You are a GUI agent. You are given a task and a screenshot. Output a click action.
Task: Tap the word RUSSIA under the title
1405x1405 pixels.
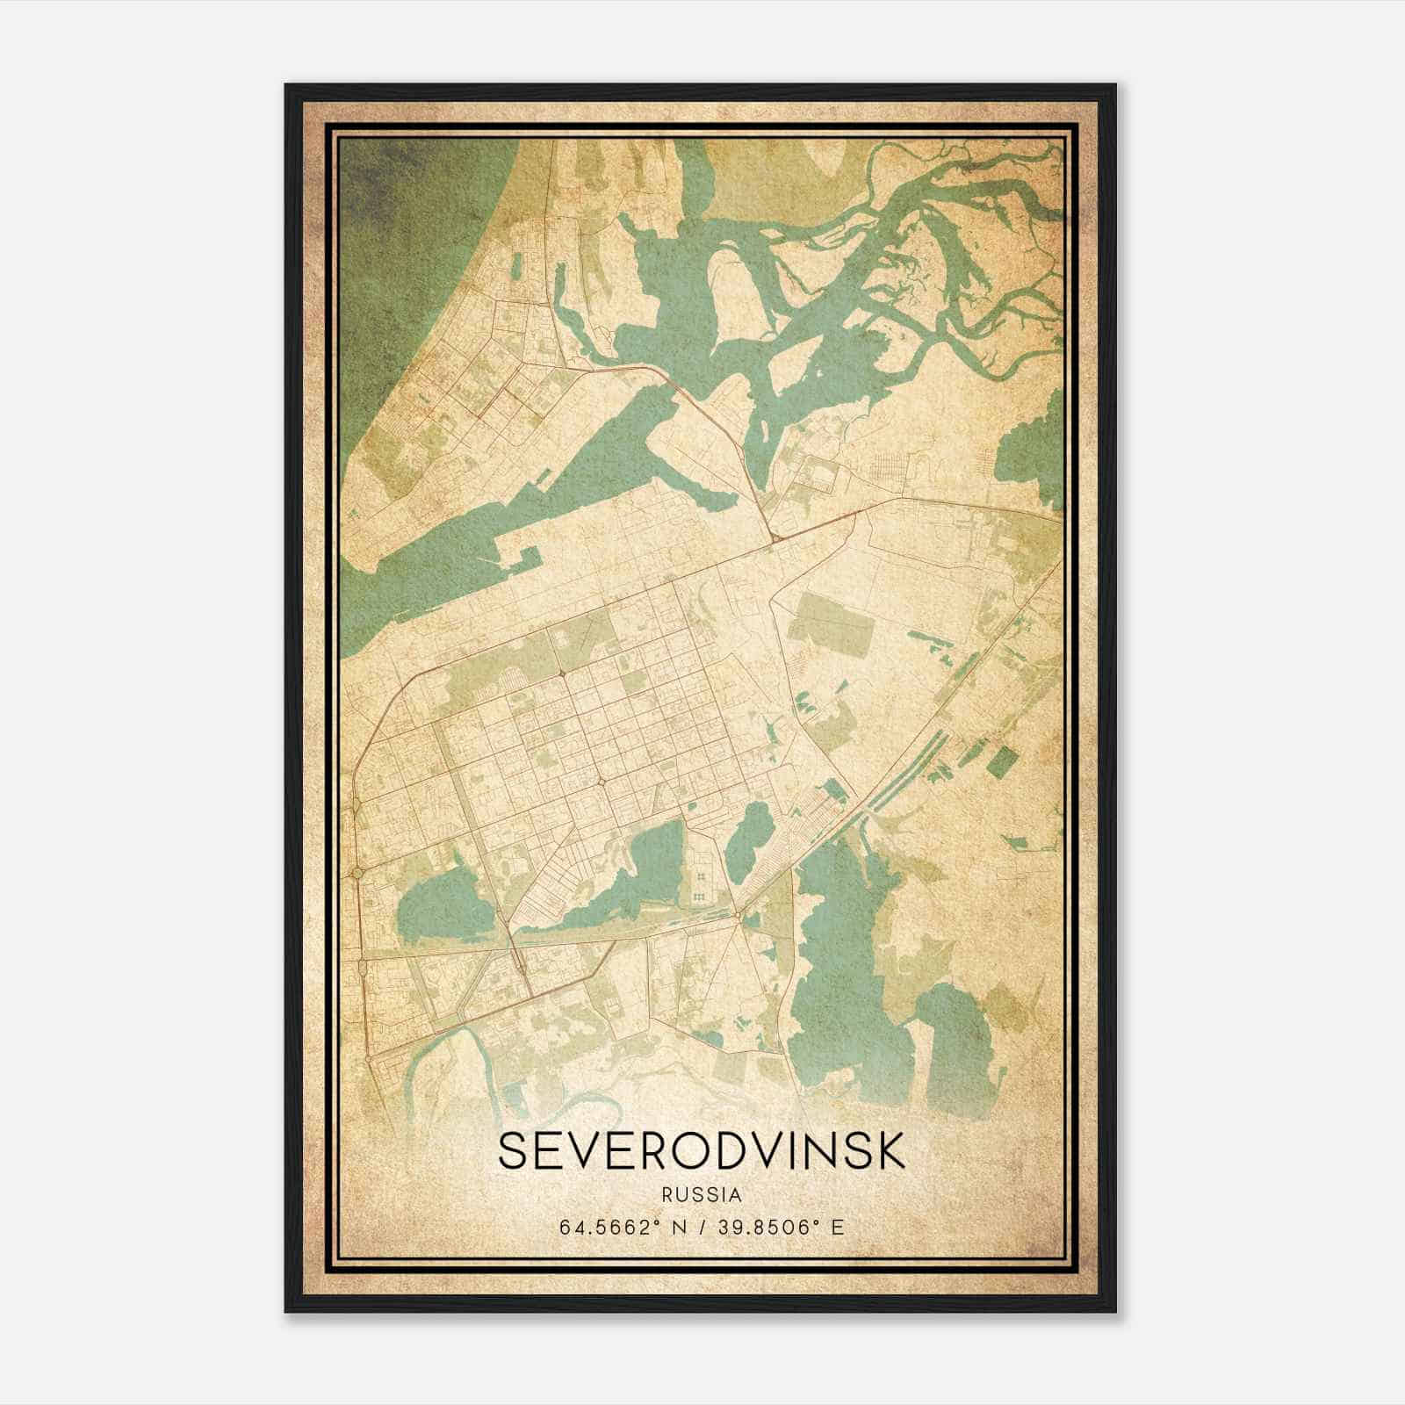tap(702, 1195)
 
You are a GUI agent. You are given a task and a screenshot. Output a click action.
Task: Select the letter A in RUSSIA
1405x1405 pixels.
tap(734, 1195)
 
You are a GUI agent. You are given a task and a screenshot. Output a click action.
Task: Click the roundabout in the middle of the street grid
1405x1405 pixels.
tap(603, 781)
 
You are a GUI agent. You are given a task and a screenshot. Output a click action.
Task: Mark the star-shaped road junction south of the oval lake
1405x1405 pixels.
tap(740, 919)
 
